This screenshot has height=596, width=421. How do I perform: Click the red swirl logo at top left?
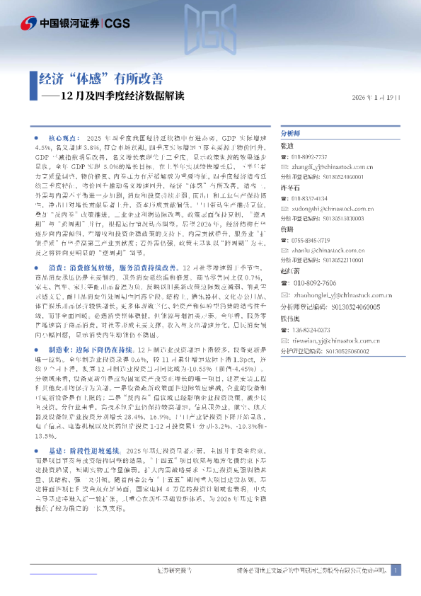coord(23,22)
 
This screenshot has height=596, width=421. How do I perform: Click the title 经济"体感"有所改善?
coord(100,79)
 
